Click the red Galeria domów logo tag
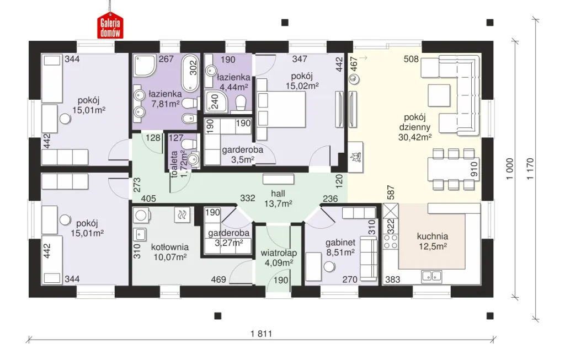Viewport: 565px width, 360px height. click(110, 25)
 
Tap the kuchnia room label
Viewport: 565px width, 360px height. click(433, 237)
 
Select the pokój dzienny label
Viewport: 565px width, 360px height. click(415, 122)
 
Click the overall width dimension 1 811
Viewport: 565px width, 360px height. click(262, 334)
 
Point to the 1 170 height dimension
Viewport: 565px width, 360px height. click(530, 169)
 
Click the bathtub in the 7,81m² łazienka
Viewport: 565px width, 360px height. click(190, 73)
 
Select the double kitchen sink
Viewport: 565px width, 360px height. click(431, 276)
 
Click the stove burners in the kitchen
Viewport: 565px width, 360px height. click(390, 241)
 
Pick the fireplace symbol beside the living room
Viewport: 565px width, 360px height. click(355, 157)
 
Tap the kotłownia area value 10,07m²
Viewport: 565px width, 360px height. click(170, 257)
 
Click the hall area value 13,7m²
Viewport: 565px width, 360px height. click(278, 203)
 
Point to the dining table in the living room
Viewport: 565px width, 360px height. click(454, 169)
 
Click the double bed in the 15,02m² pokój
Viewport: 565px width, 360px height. click(281, 109)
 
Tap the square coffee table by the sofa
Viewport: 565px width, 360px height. click(439, 95)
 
